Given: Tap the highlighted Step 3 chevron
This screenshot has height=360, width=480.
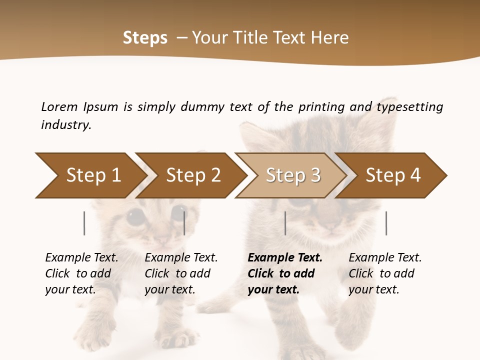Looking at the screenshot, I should pyautogui.click(x=293, y=175).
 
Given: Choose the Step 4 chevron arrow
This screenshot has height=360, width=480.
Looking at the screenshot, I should pyautogui.click(x=393, y=175).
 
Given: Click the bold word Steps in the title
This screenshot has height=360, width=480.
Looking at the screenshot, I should pyautogui.click(x=145, y=38).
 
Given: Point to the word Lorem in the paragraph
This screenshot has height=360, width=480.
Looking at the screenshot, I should pyautogui.click(x=59, y=107).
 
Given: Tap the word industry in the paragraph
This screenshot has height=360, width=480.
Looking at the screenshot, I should pyautogui.click(x=66, y=124).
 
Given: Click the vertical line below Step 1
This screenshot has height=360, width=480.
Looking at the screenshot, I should pyautogui.click(x=84, y=223).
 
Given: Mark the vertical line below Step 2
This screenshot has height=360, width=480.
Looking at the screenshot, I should pyautogui.click(x=184, y=223).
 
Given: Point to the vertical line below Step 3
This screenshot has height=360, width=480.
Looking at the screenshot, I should pyautogui.click(x=285, y=223).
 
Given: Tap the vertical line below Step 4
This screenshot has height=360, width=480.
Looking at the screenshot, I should pyautogui.click(x=386, y=223).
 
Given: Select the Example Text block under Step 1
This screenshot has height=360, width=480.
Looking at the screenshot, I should pyautogui.click(x=81, y=273).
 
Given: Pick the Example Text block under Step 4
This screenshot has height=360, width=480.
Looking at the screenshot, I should pyautogui.click(x=385, y=273).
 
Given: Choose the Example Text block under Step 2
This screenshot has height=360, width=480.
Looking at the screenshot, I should pyautogui.click(x=181, y=273).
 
